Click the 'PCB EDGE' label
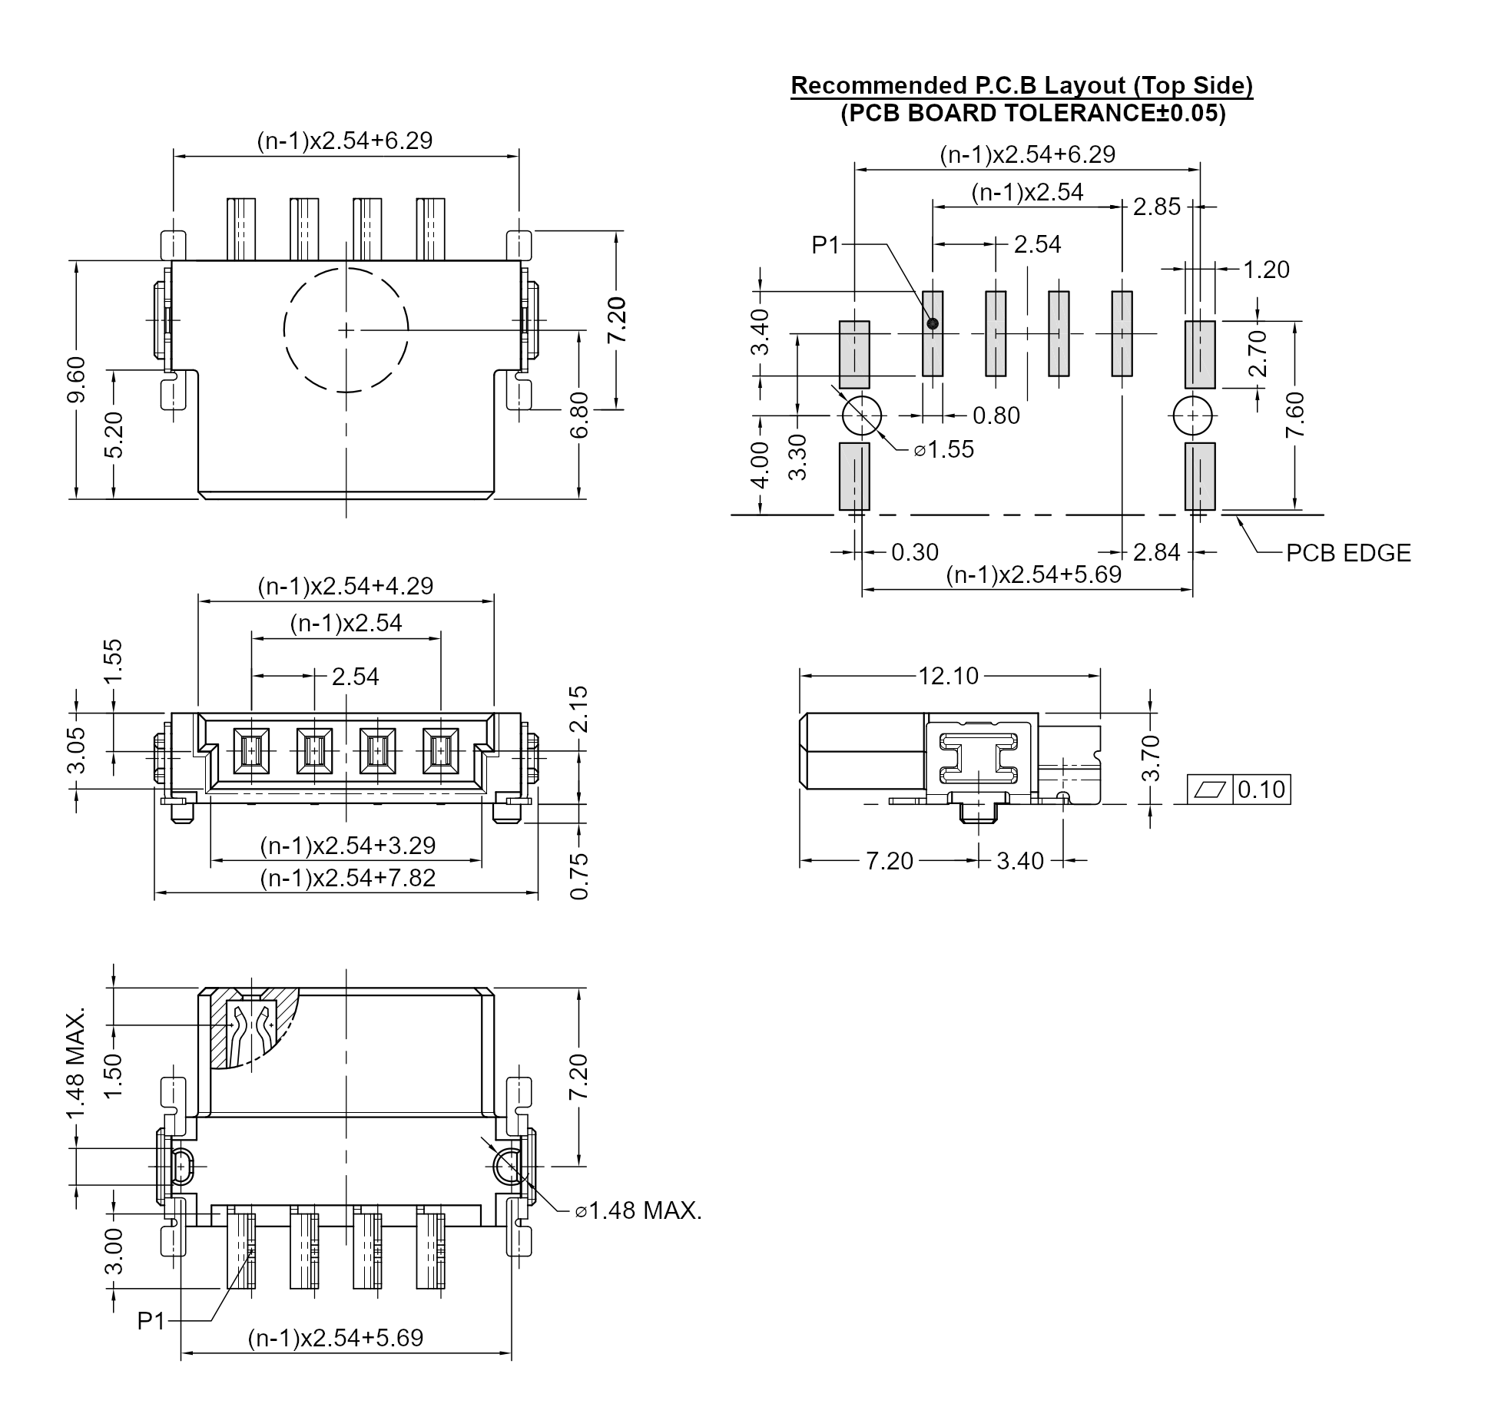pos(1348,553)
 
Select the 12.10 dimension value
pos(949,676)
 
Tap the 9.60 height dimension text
pos(77,379)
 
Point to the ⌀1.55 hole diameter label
pos(943,449)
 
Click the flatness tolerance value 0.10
pos(1261,790)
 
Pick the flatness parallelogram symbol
pos(1210,790)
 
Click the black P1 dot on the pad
pos(933,324)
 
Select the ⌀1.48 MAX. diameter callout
pos(638,1211)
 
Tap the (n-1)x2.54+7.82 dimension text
pos(348,878)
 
